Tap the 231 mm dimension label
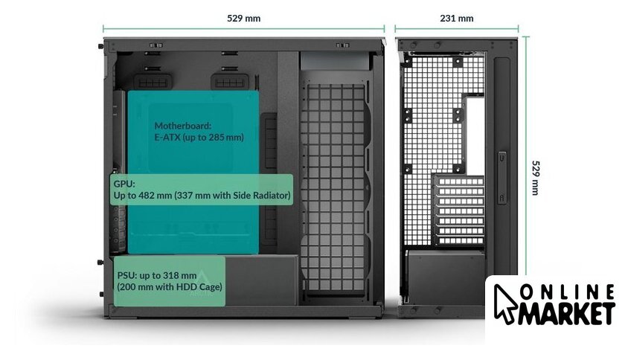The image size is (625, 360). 456,17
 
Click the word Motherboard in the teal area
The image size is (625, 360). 183,126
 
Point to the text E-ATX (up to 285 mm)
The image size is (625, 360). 199,138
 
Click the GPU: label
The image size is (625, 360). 124,183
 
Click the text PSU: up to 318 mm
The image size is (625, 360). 156,275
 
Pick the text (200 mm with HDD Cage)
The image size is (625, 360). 169,287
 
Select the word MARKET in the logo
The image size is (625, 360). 568,313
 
